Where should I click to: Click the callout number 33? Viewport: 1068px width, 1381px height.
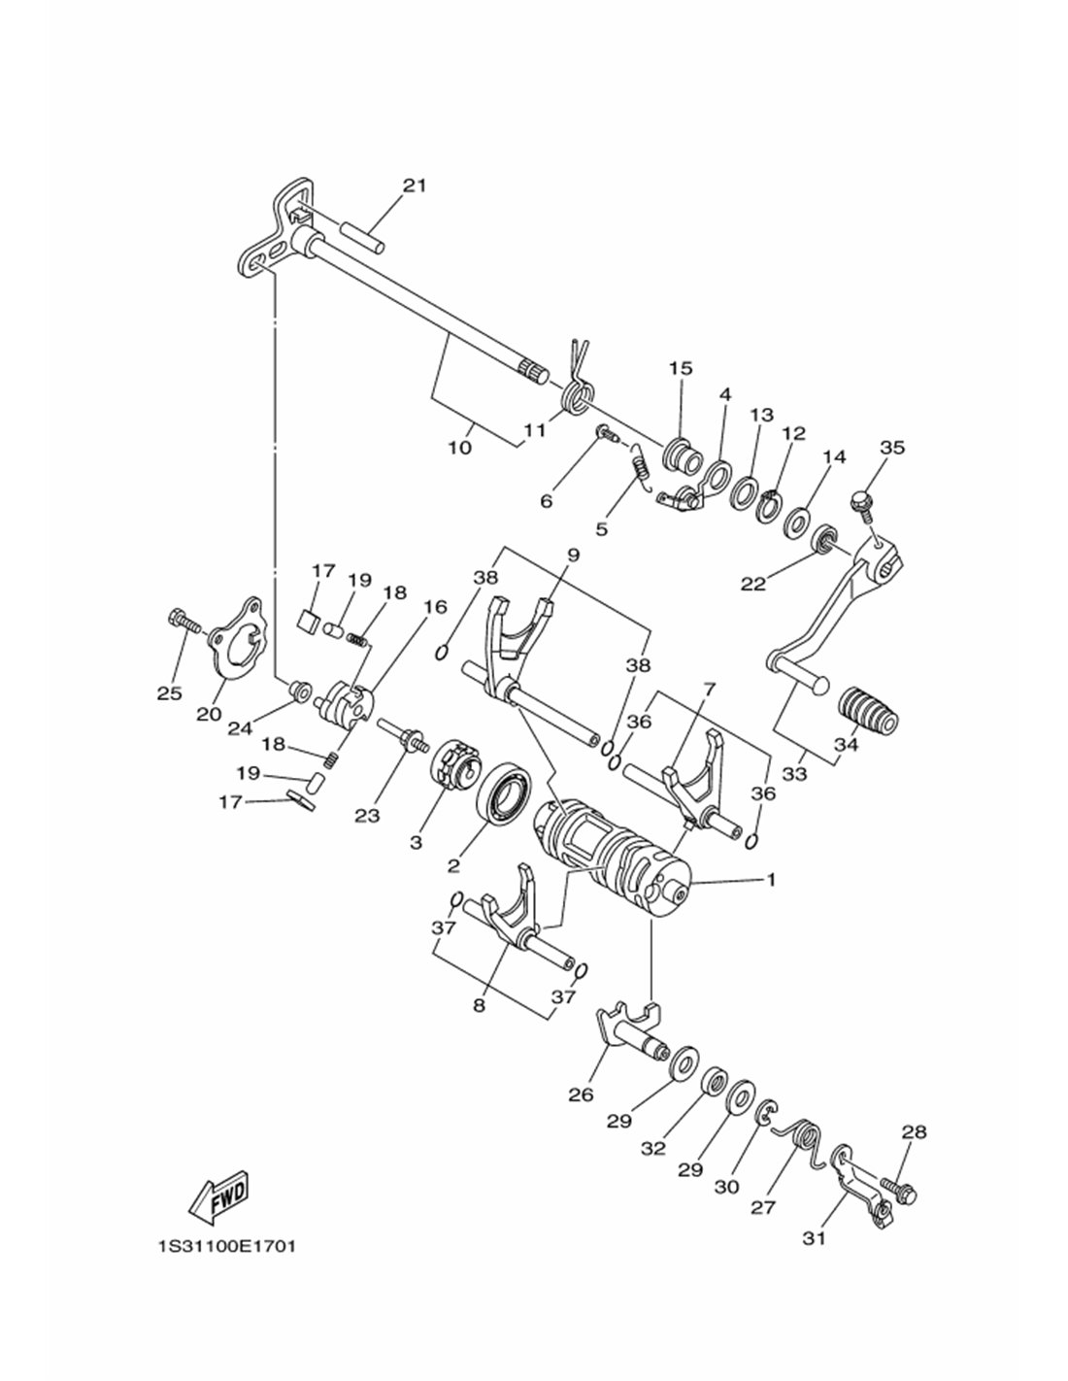(x=794, y=774)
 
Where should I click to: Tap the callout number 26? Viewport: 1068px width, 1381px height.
(x=581, y=1095)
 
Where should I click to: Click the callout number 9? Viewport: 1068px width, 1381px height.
(x=573, y=556)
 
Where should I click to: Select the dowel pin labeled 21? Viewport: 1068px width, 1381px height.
(x=362, y=235)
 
